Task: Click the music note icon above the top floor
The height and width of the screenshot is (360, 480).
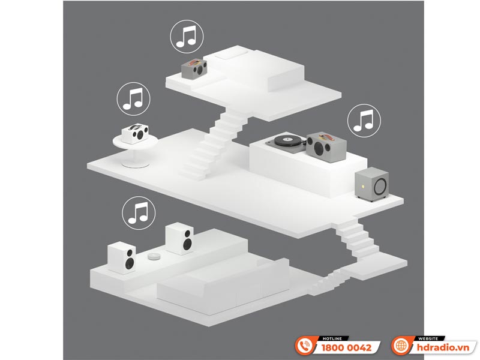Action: pos(187,37)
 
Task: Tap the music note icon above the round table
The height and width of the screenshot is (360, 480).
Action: pos(133,99)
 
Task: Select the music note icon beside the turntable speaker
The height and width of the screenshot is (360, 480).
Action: pos(364,121)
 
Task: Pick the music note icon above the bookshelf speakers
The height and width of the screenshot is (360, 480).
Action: pos(139,213)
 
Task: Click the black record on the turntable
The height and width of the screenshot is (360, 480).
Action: pos(288,141)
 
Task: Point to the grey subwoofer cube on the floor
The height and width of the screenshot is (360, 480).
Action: pos(372,184)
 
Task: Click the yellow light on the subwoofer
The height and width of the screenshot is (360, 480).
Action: pos(364,186)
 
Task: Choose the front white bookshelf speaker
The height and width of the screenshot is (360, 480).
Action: pos(122,257)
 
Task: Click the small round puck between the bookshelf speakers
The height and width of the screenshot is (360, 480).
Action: pos(154,256)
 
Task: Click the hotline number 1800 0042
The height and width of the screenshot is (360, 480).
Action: pos(346,347)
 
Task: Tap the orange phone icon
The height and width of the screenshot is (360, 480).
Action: pos(304,346)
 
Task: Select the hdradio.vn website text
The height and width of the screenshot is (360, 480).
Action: pos(443,347)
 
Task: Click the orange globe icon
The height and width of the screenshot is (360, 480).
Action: pos(401,346)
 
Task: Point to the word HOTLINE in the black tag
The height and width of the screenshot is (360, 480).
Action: pos(332,338)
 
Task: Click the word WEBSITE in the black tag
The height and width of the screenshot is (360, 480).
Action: pos(428,338)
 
